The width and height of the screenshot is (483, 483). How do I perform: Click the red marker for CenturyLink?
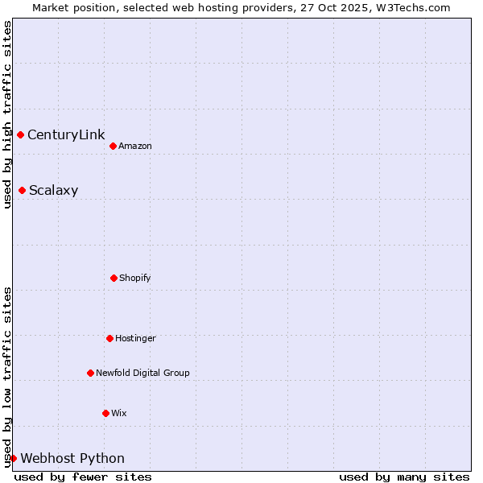pyautogui.click(x=20, y=134)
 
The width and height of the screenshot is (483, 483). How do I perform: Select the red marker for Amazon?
pyautogui.click(x=113, y=146)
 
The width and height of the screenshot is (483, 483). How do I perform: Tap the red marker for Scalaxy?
pyautogui.click(x=22, y=190)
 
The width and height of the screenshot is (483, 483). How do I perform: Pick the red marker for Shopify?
pyautogui.click(x=114, y=278)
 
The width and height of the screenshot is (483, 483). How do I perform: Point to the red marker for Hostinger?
pyautogui.click(x=109, y=338)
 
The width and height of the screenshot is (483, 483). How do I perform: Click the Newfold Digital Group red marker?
pyautogui.click(x=90, y=373)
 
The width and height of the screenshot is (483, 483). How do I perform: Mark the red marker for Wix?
pyautogui.click(x=105, y=413)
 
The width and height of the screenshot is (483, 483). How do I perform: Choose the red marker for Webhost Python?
pyautogui.click(x=13, y=458)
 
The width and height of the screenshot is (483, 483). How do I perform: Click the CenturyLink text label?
pyautogui.click(x=66, y=134)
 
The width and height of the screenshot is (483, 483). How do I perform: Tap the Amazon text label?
pyautogui.click(x=135, y=146)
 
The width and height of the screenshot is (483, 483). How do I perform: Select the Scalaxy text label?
pyautogui.click(x=53, y=191)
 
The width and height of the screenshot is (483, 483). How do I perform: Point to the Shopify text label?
pyautogui.click(x=135, y=278)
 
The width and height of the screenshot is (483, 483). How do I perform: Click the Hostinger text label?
pyautogui.click(x=135, y=338)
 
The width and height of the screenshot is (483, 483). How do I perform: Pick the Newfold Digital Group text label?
pyautogui.click(x=142, y=373)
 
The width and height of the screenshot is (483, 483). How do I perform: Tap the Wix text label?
pyautogui.click(x=119, y=413)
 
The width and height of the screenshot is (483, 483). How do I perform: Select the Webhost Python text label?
pyautogui.click(x=72, y=459)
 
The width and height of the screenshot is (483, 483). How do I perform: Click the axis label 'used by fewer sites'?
pyautogui.click(x=83, y=477)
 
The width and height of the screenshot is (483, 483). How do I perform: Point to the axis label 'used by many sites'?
pyautogui.click(x=404, y=477)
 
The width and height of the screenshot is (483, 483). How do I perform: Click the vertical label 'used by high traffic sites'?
pyautogui.click(x=7, y=115)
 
